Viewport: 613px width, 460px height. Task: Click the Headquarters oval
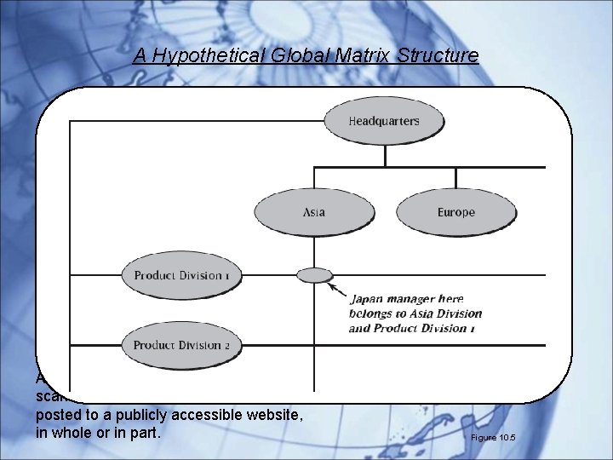click(384, 121)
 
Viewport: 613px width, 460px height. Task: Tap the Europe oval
click(456, 212)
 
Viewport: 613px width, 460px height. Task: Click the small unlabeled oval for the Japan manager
click(315, 274)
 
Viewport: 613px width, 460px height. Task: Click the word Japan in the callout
click(370, 299)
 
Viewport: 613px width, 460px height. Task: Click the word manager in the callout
click(415, 299)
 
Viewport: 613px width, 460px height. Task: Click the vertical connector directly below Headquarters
click(386, 153)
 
